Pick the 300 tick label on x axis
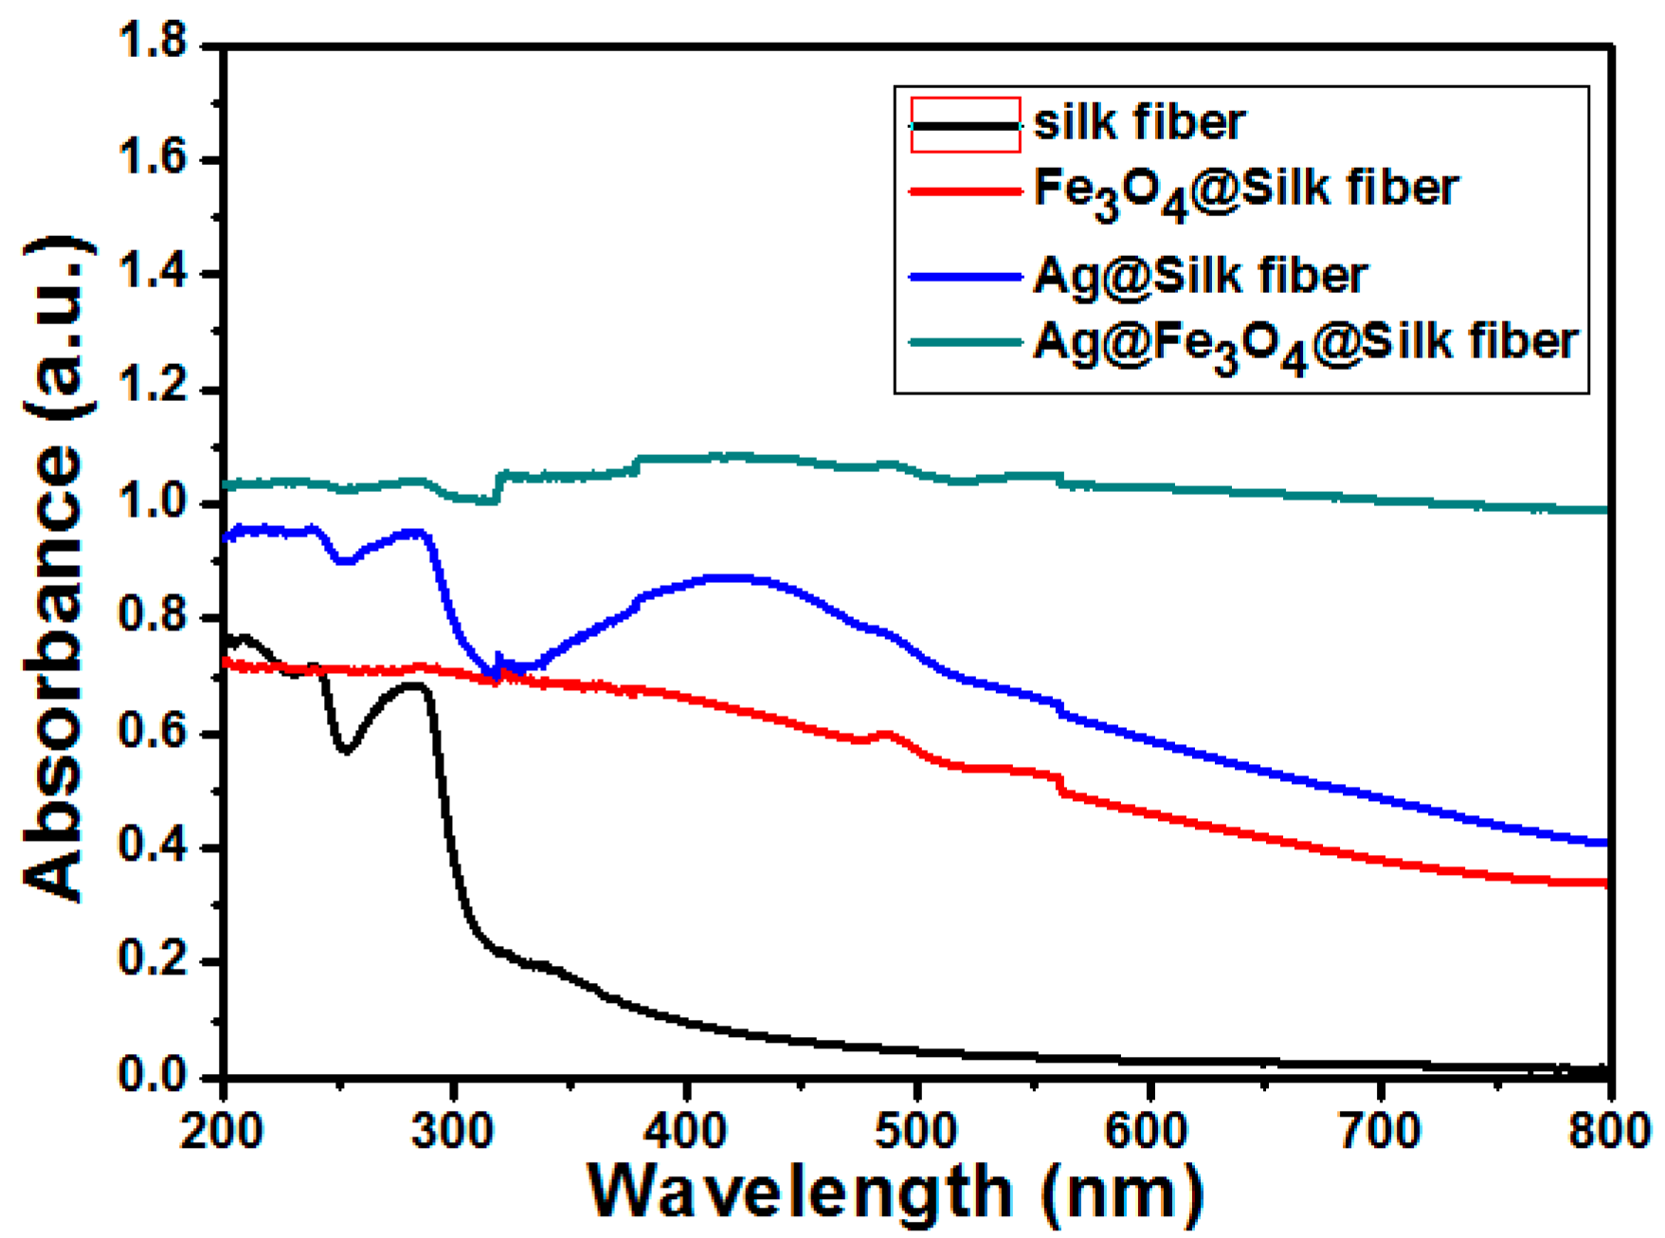455,1130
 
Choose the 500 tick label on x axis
917,1130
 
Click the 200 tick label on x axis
224,1130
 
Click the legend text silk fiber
1139,123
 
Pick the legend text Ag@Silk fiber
1200,277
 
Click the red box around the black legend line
966,124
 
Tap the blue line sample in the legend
966,277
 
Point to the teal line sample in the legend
966,342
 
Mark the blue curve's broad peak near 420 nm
730,577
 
